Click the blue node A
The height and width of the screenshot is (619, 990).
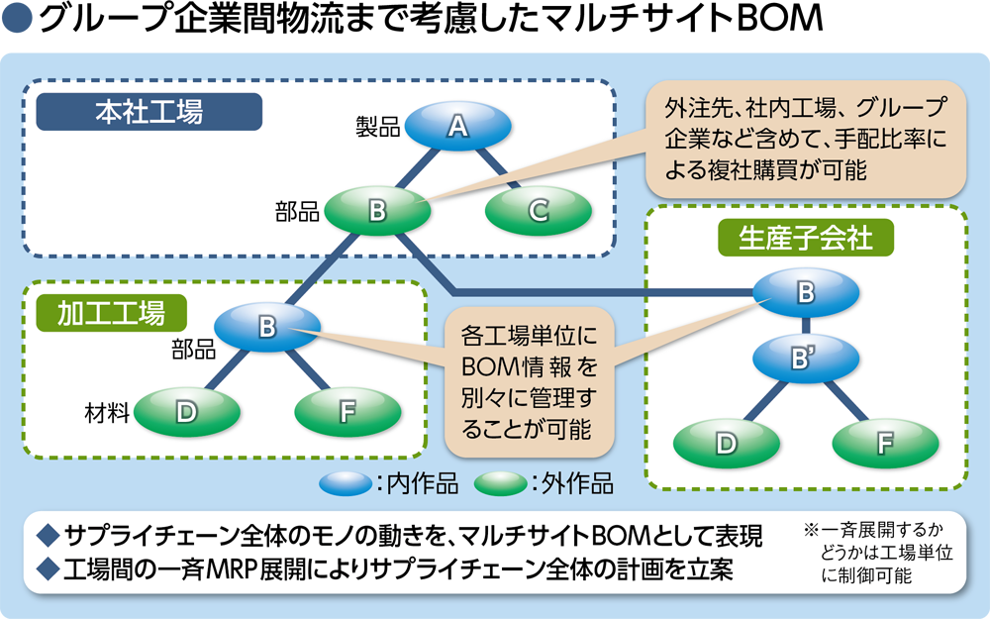456,127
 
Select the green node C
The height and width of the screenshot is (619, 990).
538,210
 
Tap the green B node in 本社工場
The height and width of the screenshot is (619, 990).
376,210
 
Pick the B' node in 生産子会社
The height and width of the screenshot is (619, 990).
804,359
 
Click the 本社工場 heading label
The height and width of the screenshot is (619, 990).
148,112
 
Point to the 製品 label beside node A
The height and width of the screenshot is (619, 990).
377,127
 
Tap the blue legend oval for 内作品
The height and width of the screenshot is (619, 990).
345,484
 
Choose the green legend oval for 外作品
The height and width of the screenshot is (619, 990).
500,484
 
